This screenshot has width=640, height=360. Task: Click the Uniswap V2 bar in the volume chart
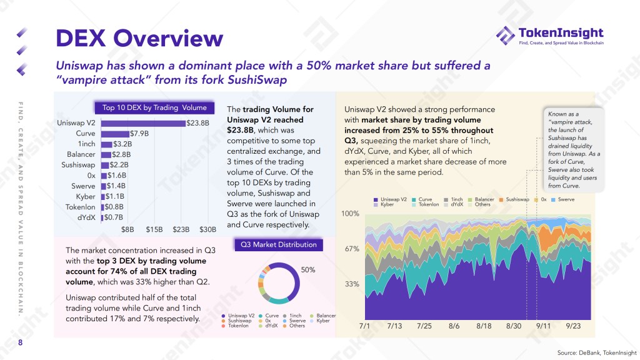(x=143, y=123)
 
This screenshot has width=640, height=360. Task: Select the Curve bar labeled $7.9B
(x=115, y=134)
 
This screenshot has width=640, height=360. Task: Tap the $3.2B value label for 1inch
(x=123, y=144)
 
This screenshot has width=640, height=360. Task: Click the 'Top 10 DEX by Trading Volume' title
(x=154, y=107)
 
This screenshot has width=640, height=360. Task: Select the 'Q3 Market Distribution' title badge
(x=279, y=245)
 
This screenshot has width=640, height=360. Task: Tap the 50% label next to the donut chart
(x=308, y=270)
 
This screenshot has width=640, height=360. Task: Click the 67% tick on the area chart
(x=352, y=249)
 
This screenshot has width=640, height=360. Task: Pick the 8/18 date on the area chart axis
(x=484, y=326)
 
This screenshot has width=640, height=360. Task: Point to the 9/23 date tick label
(x=573, y=326)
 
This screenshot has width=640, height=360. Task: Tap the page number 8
(x=20, y=342)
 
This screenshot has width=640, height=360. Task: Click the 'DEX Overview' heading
(x=139, y=39)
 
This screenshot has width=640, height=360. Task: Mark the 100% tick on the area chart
(x=351, y=214)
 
